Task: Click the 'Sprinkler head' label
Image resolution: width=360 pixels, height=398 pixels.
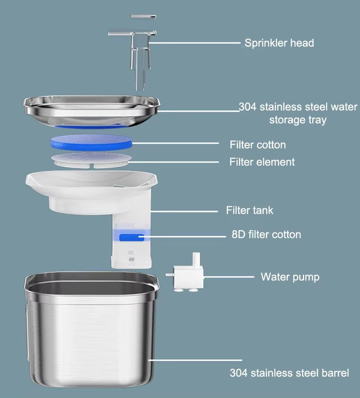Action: point(279,43)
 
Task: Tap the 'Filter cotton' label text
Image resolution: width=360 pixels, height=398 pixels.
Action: point(258,145)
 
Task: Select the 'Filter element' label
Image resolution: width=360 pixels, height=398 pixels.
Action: point(262,162)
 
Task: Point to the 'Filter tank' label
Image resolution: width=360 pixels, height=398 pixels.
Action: point(250,210)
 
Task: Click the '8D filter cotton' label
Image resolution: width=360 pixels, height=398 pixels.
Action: point(266,234)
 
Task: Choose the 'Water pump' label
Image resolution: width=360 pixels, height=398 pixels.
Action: point(290,277)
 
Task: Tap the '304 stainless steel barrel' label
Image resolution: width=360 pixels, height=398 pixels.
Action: point(289,373)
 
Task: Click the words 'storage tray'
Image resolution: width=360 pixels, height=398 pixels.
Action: point(298,120)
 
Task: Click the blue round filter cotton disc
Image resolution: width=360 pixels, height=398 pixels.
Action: point(91,143)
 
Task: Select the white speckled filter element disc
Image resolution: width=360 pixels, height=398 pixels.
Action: point(91,160)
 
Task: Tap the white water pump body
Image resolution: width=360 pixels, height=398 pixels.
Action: point(188,277)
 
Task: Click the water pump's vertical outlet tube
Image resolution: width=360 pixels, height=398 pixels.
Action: point(196,259)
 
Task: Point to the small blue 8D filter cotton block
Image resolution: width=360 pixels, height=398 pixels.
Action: point(132,238)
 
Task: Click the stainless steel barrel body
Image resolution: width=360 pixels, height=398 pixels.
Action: point(91,330)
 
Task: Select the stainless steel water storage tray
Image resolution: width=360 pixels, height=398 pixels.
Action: point(91,112)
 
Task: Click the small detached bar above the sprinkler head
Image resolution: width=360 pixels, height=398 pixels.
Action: point(144,17)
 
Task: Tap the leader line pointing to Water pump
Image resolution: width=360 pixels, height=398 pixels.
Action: point(229,277)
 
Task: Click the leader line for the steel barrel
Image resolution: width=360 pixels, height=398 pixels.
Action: point(195,360)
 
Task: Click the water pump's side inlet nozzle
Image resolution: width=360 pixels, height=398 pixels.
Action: point(170,275)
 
